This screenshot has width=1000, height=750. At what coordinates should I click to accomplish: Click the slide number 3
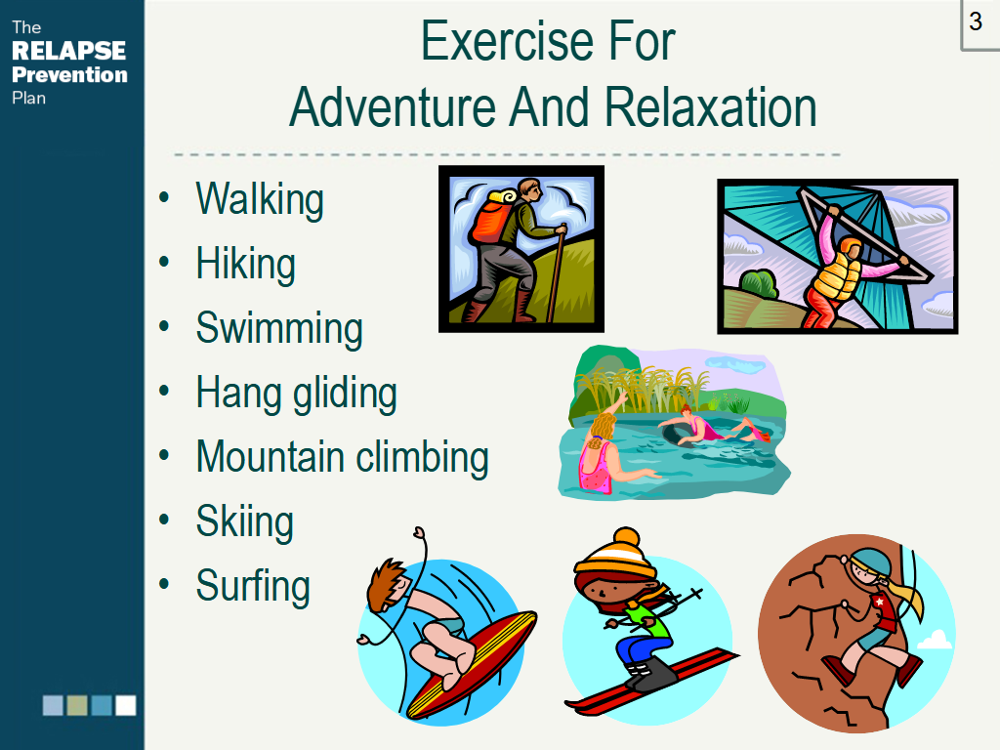(976, 21)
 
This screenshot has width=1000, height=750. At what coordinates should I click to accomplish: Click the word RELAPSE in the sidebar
(69, 51)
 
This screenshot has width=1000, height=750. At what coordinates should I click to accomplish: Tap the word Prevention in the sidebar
(69, 74)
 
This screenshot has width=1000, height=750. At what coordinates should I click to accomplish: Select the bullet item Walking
(260, 199)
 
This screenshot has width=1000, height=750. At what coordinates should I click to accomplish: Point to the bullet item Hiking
(245, 264)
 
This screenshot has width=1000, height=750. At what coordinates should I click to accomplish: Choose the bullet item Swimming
(279, 328)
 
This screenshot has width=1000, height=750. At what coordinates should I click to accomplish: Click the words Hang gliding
(297, 393)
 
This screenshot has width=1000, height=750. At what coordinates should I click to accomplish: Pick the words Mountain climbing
(343, 457)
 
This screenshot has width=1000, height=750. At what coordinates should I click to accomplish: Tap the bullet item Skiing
(245, 521)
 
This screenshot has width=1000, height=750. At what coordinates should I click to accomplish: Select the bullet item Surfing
(253, 586)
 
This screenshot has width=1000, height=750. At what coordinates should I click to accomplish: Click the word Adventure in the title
(393, 106)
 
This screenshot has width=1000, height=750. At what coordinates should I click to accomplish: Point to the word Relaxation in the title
(711, 106)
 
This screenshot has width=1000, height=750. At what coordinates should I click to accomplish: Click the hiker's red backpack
(491, 220)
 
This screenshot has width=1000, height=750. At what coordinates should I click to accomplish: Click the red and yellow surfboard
(472, 664)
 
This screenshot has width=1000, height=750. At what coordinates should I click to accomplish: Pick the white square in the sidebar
(126, 705)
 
